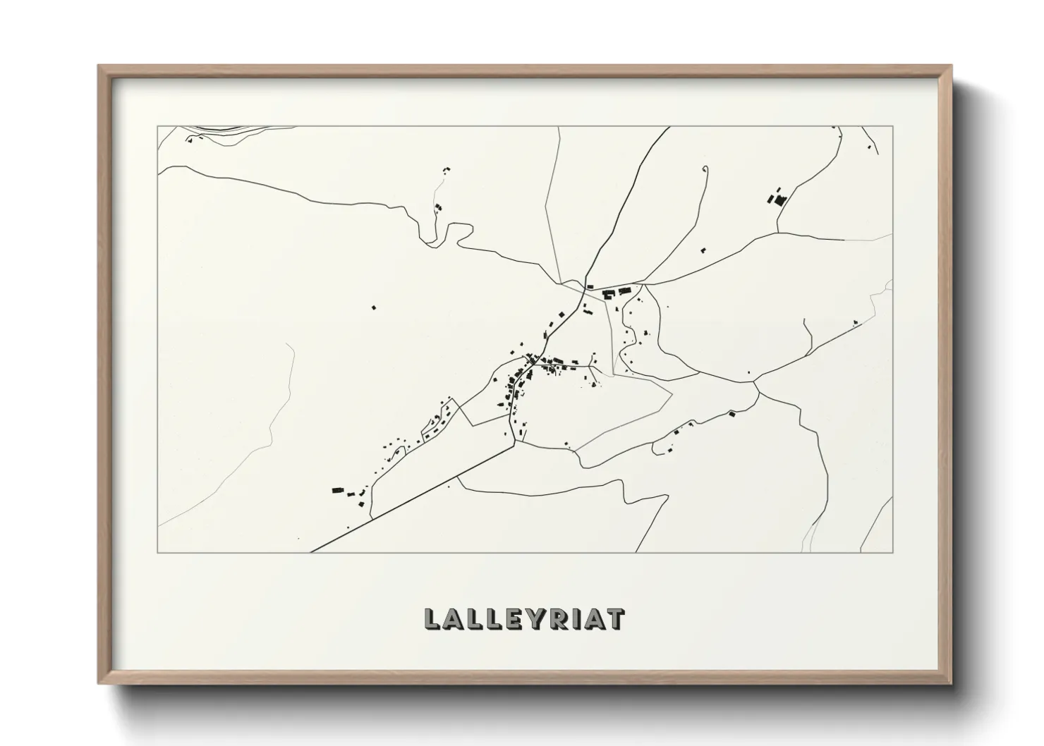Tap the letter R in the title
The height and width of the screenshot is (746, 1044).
pos(553,618)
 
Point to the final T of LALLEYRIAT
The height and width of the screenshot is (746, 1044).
pos(614,618)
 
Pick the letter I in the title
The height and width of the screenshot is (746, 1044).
pos(571,618)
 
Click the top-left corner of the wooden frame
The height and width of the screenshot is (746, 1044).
pos(99,66)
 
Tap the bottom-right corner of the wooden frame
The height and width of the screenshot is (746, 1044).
pos(951,683)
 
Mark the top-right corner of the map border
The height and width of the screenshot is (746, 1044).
pos(893,126)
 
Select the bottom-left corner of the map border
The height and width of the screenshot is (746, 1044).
pos(158,552)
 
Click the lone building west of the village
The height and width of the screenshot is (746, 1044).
pos(374,307)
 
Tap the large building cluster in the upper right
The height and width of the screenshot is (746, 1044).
pos(779,198)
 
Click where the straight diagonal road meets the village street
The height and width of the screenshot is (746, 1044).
pos(514,444)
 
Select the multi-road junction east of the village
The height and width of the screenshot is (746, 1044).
pos(755,384)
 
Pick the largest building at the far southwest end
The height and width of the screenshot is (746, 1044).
pos(338,489)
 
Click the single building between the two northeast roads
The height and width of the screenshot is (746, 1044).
pos(703,249)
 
